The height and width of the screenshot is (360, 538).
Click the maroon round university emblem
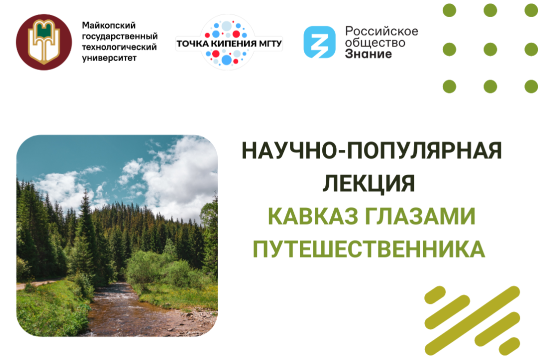44,42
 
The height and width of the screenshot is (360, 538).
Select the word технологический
119,47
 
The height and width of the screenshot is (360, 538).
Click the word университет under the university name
109,58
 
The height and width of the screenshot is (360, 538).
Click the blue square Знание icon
319,42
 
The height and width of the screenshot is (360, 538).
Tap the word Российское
381,31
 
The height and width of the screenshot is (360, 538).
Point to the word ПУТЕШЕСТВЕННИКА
369,248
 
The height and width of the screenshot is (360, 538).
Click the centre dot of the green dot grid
490,48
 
